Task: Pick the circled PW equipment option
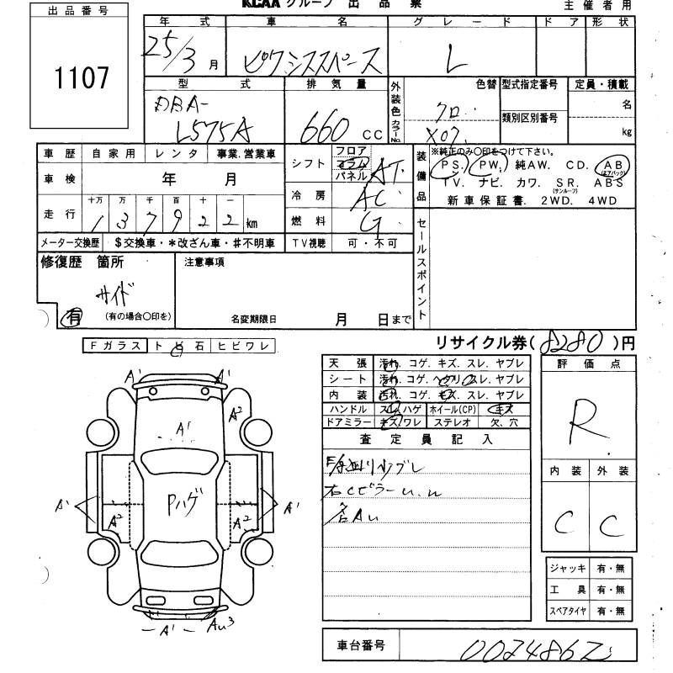tap(490, 167)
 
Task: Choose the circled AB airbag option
tap(612, 167)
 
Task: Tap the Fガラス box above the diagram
tap(115, 346)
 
